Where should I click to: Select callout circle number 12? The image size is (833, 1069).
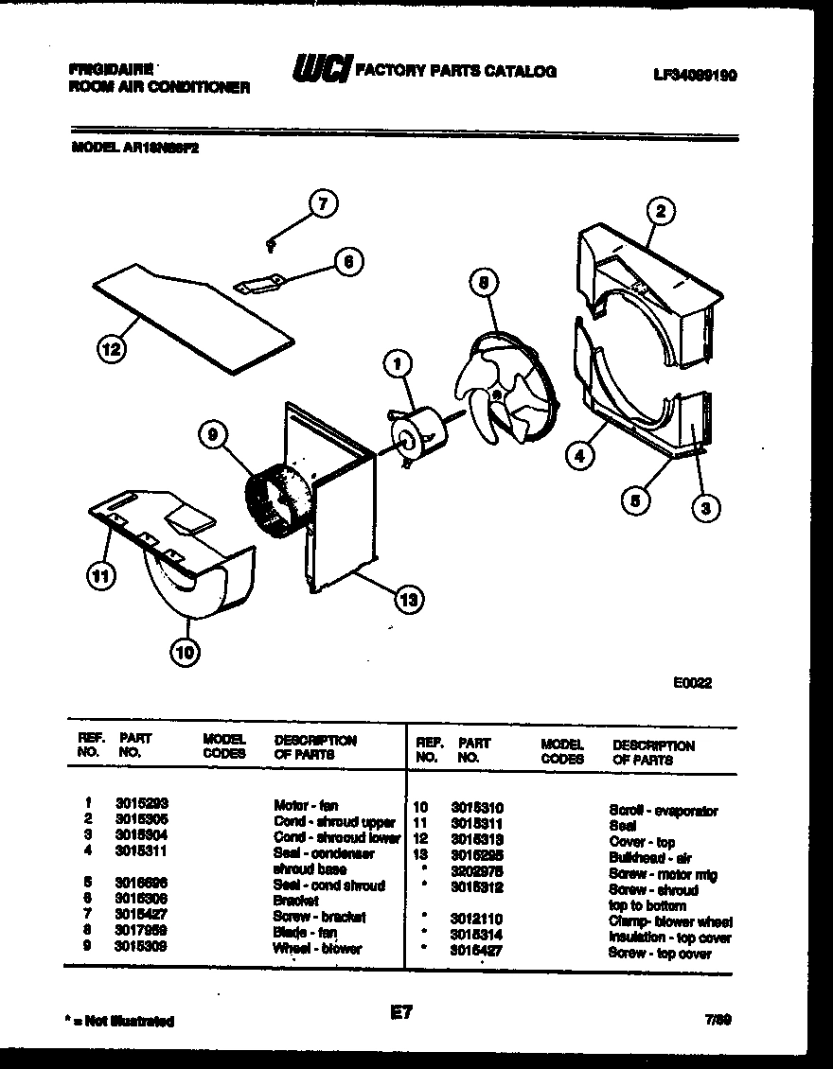coord(111,349)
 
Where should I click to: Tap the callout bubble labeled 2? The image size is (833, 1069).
coord(661,212)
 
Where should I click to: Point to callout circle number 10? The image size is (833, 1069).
coord(186,650)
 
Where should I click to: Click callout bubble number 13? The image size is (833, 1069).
coord(408,598)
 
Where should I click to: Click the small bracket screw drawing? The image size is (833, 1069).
coord(271,245)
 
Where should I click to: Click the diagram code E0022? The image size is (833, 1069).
coord(692,683)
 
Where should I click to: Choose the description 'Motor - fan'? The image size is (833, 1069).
coord(305,806)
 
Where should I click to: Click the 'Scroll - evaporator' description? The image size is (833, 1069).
coord(663,811)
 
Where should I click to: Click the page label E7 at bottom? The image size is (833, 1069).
coord(402,1014)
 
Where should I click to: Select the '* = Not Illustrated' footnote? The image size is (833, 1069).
coord(121,1021)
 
